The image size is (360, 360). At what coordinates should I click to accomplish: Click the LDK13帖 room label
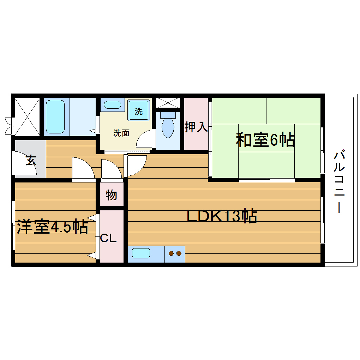(x=222, y=216)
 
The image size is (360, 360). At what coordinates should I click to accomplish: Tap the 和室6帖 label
(x=265, y=140)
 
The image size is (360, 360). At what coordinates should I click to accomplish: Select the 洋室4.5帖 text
(x=52, y=227)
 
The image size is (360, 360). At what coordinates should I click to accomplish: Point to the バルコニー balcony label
(x=340, y=182)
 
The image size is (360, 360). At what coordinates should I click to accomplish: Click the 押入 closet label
(x=196, y=127)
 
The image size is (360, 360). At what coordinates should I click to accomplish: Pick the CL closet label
(x=108, y=238)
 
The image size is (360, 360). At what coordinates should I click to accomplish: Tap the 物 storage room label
(x=111, y=194)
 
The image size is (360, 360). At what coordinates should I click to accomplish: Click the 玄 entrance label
(x=31, y=161)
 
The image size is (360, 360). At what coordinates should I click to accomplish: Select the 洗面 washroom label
(x=121, y=133)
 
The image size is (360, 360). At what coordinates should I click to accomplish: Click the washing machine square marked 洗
(x=139, y=111)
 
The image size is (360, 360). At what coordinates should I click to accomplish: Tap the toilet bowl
(x=167, y=127)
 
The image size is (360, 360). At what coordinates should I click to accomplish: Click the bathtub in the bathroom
(x=56, y=116)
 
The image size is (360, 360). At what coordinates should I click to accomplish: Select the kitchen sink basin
(x=141, y=253)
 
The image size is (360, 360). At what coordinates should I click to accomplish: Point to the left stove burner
(x=171, y=253)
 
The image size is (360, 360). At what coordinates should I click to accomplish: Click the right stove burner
(x=179, y=253)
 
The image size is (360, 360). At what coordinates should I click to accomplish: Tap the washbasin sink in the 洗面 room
(x=113, y=105)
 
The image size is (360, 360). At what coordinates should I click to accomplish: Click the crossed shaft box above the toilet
(x=168, y=103)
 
